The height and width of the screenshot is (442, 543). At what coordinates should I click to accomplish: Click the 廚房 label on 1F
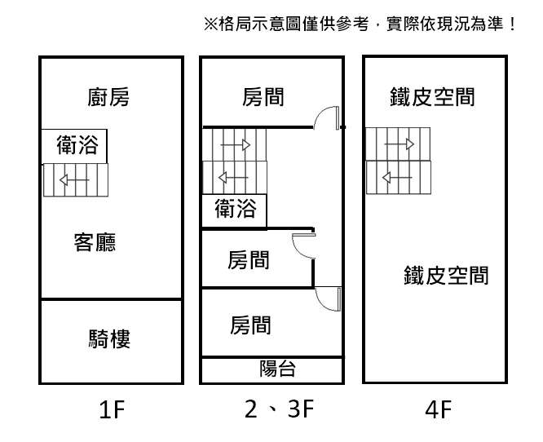click(x=108, y=98)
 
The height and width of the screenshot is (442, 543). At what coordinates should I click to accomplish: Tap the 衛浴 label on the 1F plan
click(x=77, y=145)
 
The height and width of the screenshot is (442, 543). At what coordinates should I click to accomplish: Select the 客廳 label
click(x=95, y=242)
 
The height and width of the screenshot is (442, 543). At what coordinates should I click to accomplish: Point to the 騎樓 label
click(x=109, y=338)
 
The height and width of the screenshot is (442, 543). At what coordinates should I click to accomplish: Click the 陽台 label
click(x=277, y=369)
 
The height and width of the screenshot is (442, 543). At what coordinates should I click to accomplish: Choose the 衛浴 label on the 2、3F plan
click(x=235, y=210)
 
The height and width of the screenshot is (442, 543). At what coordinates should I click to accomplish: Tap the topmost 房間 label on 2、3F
click(x=263, y=98)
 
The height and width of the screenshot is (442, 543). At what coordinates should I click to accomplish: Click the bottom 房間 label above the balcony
click(x=250, y=325)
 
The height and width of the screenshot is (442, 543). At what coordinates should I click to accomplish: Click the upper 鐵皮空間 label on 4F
click(x=432, y=98)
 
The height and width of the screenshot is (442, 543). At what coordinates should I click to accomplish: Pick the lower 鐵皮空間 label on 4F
click(x=446, y=275)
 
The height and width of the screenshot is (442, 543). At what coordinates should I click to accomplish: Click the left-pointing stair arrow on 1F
click(x=77, y=181)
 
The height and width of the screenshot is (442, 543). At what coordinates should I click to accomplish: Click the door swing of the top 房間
click(x=328, y=119)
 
